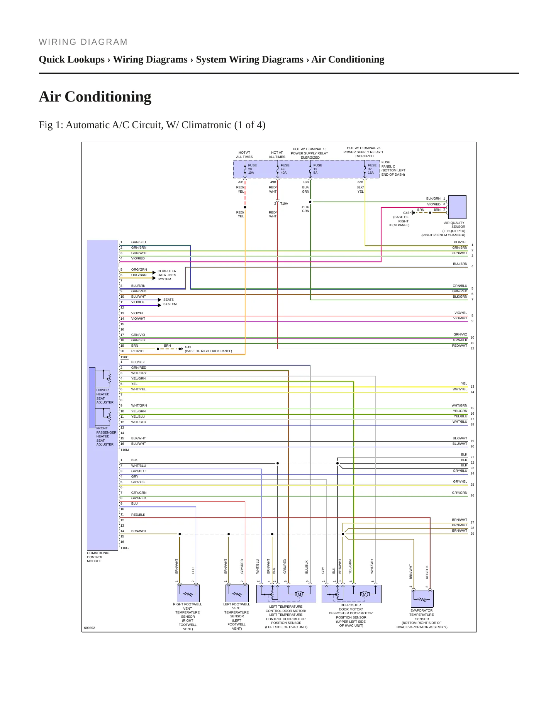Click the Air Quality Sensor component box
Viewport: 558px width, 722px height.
tap(457, 207)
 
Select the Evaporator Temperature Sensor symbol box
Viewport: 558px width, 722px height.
tap(422, 598)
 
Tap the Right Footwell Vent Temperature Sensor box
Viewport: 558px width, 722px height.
tap(188, 593)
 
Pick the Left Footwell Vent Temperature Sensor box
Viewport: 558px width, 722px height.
tap(237, 593)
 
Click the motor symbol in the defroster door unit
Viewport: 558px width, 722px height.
tap(364, 594)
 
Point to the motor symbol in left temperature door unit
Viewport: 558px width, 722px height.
tap(299, 594)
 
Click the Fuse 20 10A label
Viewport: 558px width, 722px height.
tap(252, 169)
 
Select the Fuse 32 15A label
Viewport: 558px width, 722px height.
tap(372, 169)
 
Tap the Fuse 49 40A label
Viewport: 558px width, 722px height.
tap(285, 169)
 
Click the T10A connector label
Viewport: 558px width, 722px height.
tap(284, 203)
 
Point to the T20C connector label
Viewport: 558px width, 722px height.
tap(124, 358)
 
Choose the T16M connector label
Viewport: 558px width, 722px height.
tap(124, 450)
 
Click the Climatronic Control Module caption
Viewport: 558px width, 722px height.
tap(98, 557)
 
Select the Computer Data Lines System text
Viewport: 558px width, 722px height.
tap(167, 275)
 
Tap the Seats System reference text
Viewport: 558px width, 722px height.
tap(170, 302)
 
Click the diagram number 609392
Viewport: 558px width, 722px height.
tap(89, 628)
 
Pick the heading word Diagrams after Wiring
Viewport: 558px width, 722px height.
tap(165, 59)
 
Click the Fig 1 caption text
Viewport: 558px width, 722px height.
tap(152, 125)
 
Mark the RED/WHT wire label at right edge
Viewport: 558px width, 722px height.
tap(460, 346)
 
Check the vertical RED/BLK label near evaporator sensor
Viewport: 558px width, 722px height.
tap(427, 572)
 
